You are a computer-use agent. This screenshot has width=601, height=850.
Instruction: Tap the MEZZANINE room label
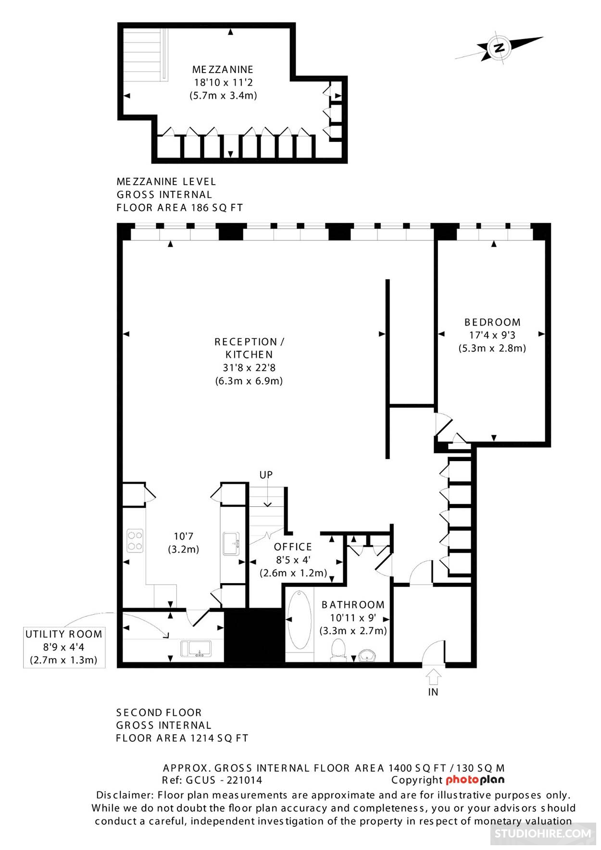(x=223, y=70)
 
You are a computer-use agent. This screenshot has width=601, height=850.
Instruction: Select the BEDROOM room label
(x=492, y=322)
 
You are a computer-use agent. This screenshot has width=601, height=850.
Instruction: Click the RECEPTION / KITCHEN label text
(x=249, y=348)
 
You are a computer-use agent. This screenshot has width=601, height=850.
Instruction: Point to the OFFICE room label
(x=293, y=547)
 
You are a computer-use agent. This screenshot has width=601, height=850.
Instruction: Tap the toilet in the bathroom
(x=339, y=650)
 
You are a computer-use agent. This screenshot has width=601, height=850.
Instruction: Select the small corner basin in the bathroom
(x=368, y=655)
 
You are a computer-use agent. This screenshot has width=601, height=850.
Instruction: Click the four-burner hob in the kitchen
(x=135, y=540)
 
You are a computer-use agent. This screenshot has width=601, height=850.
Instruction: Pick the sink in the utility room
(x=196, y=648)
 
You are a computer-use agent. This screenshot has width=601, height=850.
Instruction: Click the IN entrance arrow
(x=433, y=676)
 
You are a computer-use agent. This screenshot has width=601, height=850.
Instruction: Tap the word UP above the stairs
(x=266, y=475)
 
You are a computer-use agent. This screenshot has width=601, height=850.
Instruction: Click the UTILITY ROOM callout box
(x=64, y=647)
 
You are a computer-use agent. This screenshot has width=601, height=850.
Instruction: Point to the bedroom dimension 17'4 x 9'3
(x=492, y=335)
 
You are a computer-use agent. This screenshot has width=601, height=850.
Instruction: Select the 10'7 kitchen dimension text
(x=183, y=536)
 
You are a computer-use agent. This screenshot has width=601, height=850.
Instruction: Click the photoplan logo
(x=475, y=780)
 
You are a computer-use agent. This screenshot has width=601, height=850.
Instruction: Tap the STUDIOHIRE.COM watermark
(x=543, y=833)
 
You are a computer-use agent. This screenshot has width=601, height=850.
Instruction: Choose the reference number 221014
(x=244, y=780)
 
